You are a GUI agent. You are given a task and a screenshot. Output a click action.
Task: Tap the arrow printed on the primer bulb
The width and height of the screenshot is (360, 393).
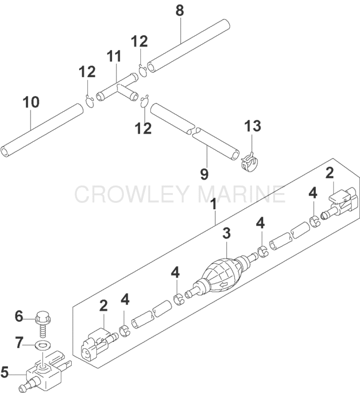tap(223, 284)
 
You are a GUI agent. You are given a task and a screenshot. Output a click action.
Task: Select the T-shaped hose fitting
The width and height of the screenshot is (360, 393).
tap(117, 87)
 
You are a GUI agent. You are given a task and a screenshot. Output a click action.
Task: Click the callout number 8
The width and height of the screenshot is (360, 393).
tap(180, 11)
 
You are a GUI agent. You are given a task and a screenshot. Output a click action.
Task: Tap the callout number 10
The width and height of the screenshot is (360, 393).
tap(31, 102)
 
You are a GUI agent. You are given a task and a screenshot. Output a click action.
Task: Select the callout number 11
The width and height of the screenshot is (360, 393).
tap(114, 56)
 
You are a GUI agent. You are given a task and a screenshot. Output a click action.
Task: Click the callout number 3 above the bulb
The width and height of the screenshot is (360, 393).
tap(226, 233)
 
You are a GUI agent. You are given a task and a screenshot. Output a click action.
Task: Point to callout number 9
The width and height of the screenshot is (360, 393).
tap(204, 174)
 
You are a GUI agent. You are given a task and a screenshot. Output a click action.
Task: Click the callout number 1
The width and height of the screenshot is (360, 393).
tap(213, 204)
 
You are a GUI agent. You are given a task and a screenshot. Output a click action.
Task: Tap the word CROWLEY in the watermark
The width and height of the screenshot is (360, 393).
tap(134, 194)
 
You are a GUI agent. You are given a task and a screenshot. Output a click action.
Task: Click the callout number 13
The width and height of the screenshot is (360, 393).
tap(252, 126)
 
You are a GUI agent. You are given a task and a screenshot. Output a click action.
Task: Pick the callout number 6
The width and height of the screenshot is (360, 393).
tap(19, 316)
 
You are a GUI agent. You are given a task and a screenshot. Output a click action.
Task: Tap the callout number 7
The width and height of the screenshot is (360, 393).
tap(19, 342)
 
